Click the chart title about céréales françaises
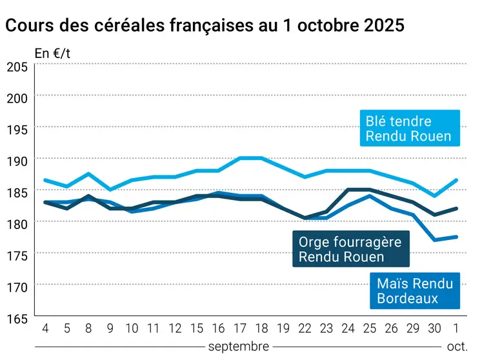coord(205,26)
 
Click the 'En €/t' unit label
coord(52,54)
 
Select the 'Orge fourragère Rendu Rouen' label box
coord(350,250)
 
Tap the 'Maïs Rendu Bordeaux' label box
coord(415,291)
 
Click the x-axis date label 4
coord(45,328)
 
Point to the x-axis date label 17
coord(239,328)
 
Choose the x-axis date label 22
coord(305,328)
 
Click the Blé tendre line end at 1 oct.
coord(457,180)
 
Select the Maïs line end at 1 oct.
coord(457,237)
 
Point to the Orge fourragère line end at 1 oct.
coord(457,208)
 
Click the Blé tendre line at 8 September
coord(88,174)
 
